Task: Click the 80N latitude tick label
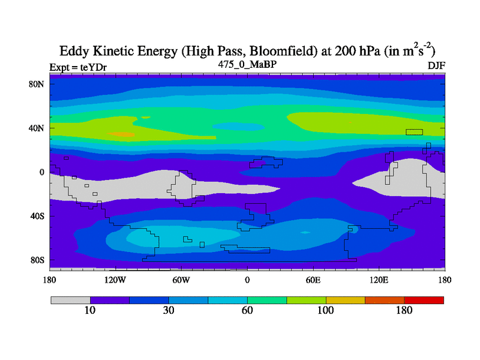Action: [37, 84]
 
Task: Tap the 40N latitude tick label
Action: [37, 128]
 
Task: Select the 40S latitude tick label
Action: [37, 216]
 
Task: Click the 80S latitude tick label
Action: [37, 260]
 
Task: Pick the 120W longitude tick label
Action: [115, 280]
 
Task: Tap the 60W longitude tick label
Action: [181, 280]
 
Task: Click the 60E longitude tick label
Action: [313, 280]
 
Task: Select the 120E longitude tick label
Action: [379, 280]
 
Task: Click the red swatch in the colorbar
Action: [424, 300]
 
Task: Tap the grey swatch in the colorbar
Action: [70, 300]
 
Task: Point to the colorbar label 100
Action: [325, 311]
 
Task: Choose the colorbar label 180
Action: [404, 311]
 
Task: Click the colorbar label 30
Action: [169, 311]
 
